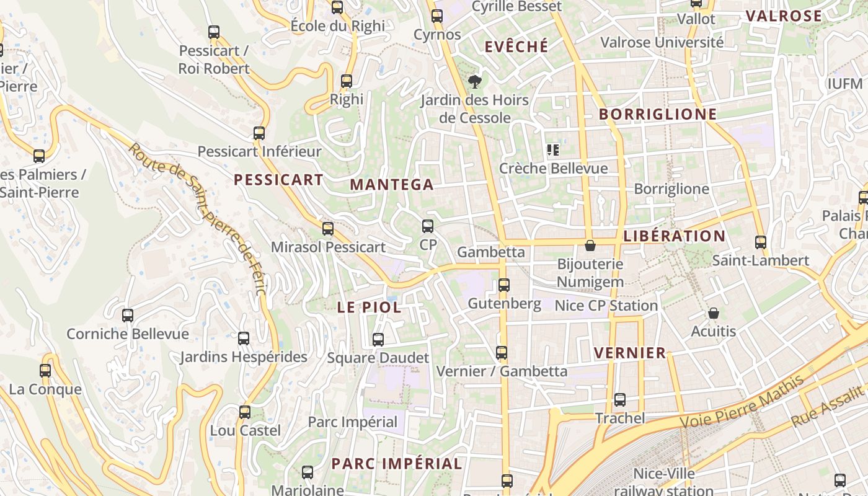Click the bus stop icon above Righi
[347, 81]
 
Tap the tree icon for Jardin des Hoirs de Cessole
[475, 81]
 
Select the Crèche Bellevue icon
[553, 150]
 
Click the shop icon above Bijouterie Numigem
[590, 246]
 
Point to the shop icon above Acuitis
[714, 313]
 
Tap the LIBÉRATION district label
[674, 236]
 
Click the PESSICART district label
[278, 180]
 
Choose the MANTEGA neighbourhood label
[392, 185]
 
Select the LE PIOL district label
[369, 308]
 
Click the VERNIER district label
[630, 353]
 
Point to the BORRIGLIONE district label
[658, 115]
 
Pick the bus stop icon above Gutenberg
[504, 285]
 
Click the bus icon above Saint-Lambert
[761, 242]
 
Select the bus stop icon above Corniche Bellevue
[128, 316]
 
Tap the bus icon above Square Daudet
[378, 340]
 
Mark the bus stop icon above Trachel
[620, 400]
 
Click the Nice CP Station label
[606, 306]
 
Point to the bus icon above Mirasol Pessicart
[328, 229]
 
